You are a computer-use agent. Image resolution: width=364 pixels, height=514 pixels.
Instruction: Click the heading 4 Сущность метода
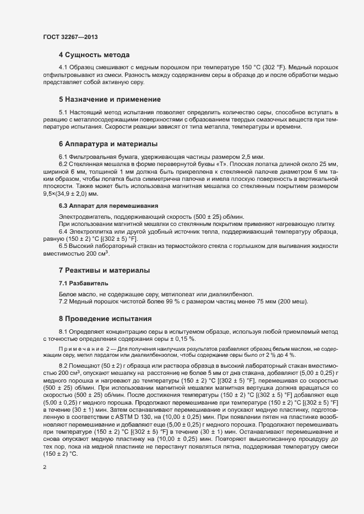click(94, 56)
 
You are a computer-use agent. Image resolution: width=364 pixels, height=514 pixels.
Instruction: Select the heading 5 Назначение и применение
click(110, 100)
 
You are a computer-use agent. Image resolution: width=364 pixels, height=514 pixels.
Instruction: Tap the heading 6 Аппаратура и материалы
click(108, 144)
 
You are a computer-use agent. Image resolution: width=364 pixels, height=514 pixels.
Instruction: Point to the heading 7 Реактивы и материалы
click(105, 270)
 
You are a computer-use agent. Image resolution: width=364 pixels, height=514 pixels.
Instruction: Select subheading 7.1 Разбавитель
click(84, 283)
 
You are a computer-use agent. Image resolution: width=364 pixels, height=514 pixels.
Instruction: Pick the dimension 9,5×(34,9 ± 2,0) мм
click(75, 193)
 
